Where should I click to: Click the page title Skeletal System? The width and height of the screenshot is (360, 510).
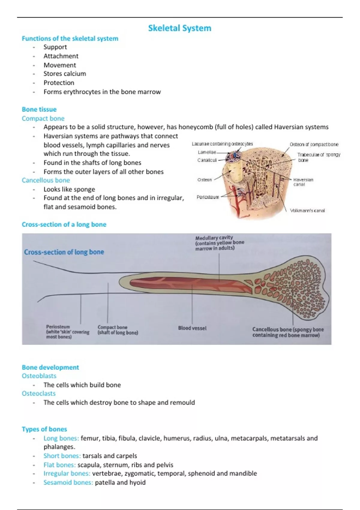click(x=180, y=28)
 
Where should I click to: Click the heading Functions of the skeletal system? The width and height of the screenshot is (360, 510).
click(x=70, y=38)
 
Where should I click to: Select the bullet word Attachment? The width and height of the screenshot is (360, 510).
click(x=61, y=56)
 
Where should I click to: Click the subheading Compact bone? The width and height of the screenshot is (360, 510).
click(x=43, y=118)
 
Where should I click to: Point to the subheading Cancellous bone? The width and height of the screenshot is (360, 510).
click(x=46, y=180)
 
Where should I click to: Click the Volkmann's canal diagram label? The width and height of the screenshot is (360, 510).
click(x=307, y=211)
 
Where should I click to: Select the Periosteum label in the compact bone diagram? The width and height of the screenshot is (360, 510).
click(x=208, y=197)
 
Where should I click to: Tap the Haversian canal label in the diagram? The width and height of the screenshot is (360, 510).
click(x=303, y=182)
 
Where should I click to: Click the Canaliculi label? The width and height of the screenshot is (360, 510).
click(x=207, y=160)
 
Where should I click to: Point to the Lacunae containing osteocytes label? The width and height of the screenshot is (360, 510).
click(x=222, y=144)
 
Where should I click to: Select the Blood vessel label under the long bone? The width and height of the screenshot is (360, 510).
click(x=192, y=328)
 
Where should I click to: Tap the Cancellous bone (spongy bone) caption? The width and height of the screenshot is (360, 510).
click(x=288, y=332)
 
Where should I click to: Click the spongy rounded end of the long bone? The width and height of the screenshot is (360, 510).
click(x=300, y=288)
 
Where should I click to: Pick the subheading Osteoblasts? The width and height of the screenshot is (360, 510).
click(x=39, y=376)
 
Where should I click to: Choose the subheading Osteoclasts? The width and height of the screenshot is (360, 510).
click(x=38, y=393)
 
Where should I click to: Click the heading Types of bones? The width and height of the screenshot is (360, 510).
click(x=44, y=429)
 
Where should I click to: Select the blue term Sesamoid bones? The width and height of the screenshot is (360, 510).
click(x=68, y=482)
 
